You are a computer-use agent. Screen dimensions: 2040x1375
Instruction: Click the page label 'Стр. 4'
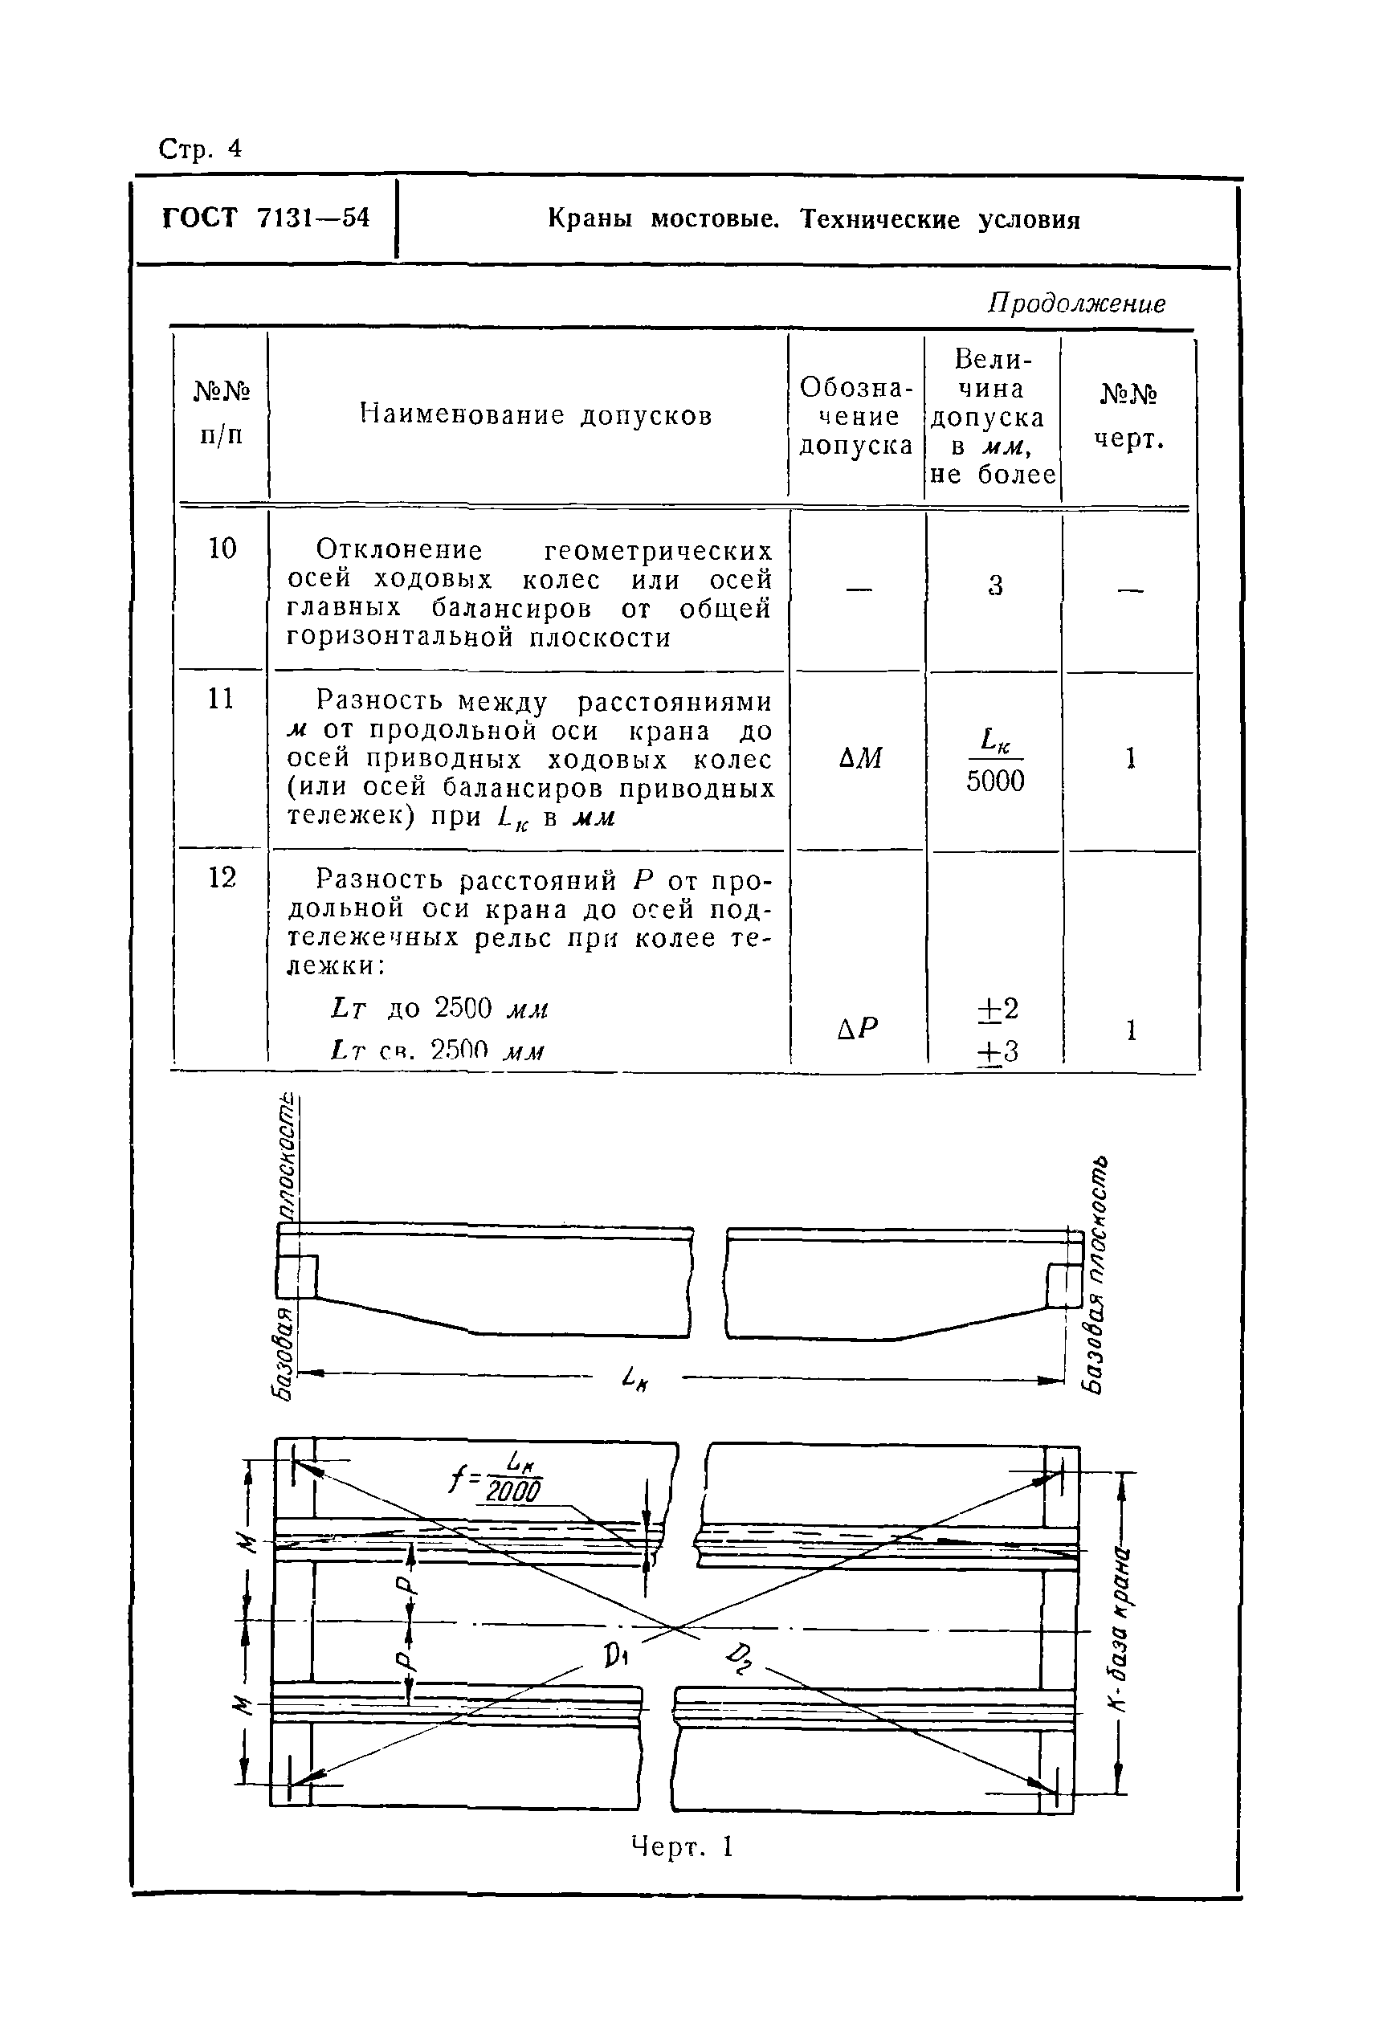(200, 150)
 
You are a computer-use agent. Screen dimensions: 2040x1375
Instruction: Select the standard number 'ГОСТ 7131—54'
(266, 218)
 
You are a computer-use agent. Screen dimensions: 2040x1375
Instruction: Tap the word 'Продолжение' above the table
(1076, 304)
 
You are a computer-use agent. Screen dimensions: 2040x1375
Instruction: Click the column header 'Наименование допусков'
(536, 414)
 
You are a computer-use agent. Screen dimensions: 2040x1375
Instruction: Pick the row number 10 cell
(222, 549)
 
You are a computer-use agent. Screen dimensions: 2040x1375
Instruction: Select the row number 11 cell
(221, 699)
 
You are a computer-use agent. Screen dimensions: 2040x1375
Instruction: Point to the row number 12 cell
(222, 878)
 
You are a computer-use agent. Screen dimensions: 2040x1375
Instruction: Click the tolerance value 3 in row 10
(994, 585)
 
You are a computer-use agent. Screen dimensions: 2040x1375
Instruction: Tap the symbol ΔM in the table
(859, 758)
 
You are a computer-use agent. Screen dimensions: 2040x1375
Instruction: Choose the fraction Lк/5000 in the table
(995, 761)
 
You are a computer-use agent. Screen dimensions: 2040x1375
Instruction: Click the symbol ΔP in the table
(858, 1028)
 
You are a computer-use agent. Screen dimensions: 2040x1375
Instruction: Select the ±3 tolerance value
(997, 1051)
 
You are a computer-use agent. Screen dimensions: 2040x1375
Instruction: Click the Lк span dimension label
(634, 1378)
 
